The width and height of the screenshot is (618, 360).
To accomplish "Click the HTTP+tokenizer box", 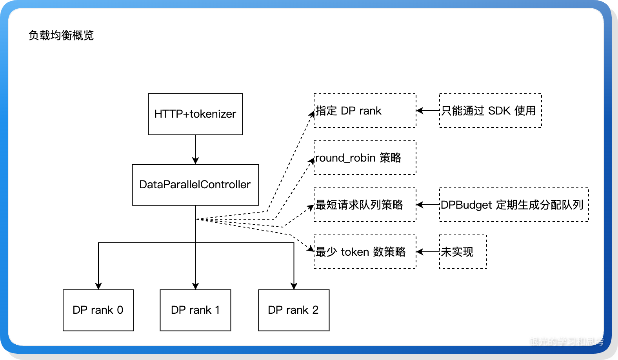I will click(195, 114).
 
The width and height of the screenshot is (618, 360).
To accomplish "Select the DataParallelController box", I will click(195, 185).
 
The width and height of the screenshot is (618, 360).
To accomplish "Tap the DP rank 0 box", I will click(98, 310).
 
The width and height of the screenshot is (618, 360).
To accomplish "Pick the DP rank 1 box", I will click(195, 310).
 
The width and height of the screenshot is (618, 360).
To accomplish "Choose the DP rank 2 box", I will click(294, 310).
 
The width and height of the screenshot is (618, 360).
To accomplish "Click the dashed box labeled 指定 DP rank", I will click(365, 111).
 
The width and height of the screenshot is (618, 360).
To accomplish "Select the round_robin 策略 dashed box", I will click(365, 158).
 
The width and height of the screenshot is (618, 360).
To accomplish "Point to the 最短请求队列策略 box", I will click(365, 205).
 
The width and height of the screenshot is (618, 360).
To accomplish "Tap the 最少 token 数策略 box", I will click(365, 252).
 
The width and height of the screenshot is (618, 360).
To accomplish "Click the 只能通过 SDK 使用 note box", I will click(490, 111).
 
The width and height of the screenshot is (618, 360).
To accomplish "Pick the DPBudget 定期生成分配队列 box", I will click(514, 205).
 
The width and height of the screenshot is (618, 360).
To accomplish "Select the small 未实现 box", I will click(463, 252).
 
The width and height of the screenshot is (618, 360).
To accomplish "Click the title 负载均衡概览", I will click(61, 35).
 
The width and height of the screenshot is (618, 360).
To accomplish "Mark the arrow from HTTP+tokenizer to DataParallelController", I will click(195, 149).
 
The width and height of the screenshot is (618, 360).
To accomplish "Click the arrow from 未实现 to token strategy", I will click(427, 252).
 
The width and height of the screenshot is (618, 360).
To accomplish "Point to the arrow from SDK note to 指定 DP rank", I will click(427, 111).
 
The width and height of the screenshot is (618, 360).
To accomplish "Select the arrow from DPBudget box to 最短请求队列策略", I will click(427, 205).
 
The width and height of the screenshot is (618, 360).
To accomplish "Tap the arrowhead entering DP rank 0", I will click(98, 286).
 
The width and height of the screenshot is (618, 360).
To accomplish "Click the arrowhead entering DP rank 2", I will click(294, 286).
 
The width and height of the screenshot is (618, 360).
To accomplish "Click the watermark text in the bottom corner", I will click(566, 342).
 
